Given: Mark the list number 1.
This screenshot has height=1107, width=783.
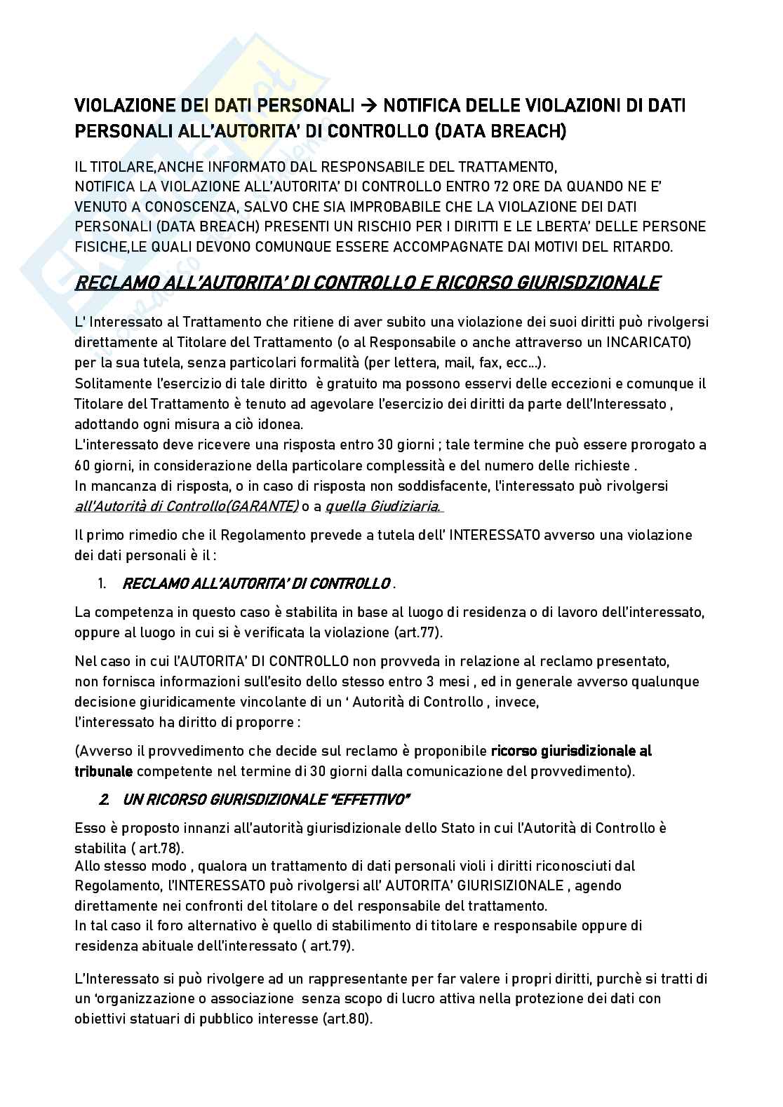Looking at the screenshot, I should [x=102, y=584].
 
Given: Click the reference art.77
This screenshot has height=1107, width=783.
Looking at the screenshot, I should [x=417, y=632].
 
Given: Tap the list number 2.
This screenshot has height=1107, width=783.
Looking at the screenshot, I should [x=104, y=799].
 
